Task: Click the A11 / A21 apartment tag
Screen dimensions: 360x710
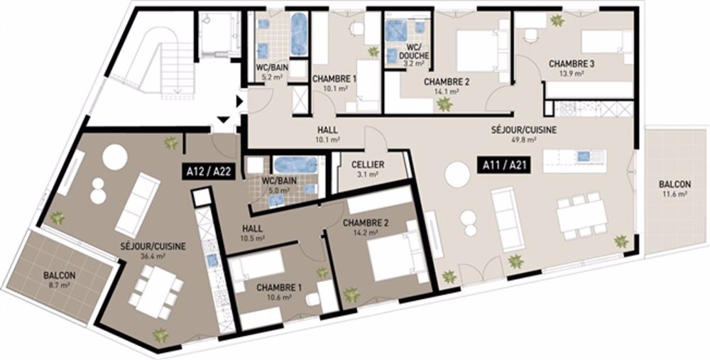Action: pos(506,170)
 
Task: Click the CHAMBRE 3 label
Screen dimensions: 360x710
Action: pos(572,64)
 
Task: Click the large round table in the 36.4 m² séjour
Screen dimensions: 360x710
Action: pos(114,157)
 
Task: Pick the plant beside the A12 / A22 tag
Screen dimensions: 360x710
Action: pos(171,143)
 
